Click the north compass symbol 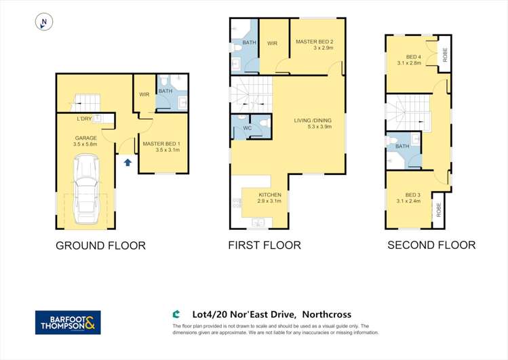click(43, 22)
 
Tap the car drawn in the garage click(86, 189)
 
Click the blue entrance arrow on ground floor click(128, 162)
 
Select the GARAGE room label click(86, 138)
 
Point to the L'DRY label click(84, 119)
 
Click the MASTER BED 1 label click(161, 144)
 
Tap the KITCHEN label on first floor click(270, 195)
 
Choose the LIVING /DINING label click(313, 121)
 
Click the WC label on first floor click(247, 128)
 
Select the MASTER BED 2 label click(314, 42)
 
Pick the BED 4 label click(414, 57)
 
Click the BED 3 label click(413, 195)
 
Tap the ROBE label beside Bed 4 click(445, 55)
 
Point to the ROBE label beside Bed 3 click(439, 209)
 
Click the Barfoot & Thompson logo click(68, 323)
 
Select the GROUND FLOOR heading click(101, 245)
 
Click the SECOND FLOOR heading click(431, 245)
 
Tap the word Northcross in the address click(327, 315)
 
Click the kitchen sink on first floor click(258, 223)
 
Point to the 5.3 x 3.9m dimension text click(319, 127)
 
